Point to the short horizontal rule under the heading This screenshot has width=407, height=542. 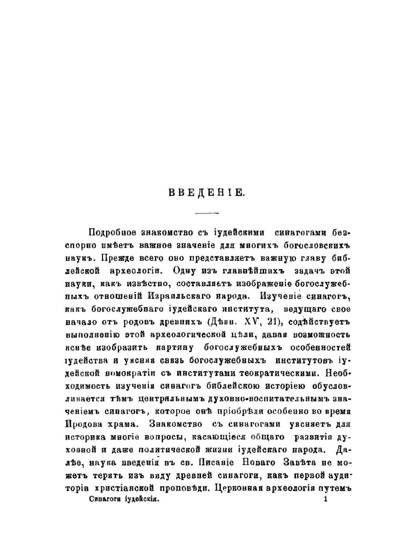click(207, 214)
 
